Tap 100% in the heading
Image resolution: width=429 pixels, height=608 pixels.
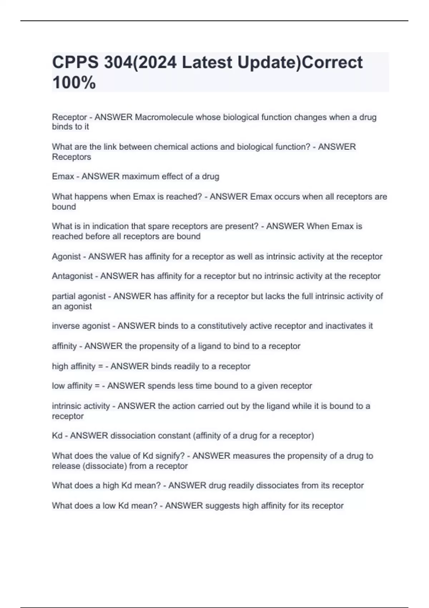pyautogui.click(x=74, y=83)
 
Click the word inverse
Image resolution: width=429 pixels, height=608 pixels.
pyautogui.click(x=65, y=326)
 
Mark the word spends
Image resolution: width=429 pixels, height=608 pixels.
pyautogui.click(x=160, y=386)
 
